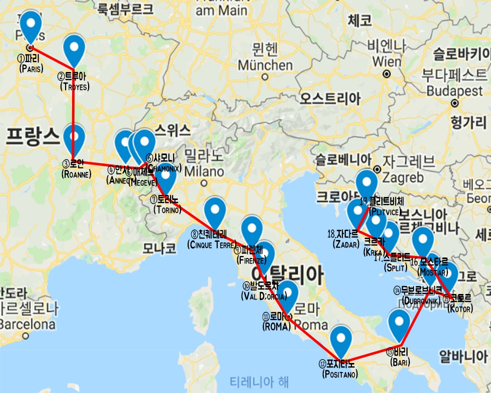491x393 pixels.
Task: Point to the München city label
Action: pyautogui.click(x=265, y=65)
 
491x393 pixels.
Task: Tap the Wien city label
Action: pyautogui.click(x=386, y=60)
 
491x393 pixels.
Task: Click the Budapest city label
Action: pyautogui.click(x=454, y=91)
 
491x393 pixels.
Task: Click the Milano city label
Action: pyautogui.click(x=203, y=171)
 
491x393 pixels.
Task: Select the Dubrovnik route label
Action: pyautogui.click(x=421, y=295)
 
